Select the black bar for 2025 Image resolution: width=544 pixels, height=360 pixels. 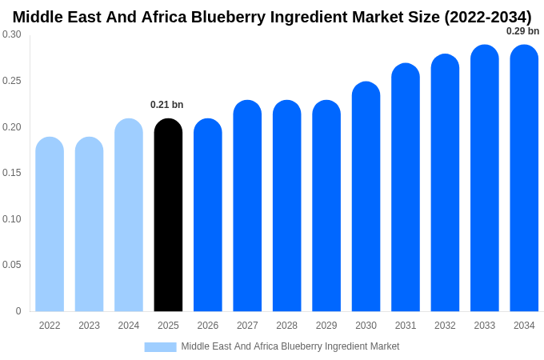[168, 216]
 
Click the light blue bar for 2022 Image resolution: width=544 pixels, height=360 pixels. [50, 225]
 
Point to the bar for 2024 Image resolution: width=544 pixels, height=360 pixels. [129, 216]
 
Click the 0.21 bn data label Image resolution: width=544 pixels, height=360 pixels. [167, 105]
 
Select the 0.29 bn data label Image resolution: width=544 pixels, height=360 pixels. [522, 31]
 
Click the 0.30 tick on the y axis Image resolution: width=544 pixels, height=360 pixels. [12, 34]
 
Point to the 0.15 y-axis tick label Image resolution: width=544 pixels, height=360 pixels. [12, 173]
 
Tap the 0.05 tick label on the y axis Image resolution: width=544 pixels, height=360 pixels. [12, 265]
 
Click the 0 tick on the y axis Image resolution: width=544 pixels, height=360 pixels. [18, 311]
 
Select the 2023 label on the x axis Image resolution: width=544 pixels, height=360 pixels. [89, 326]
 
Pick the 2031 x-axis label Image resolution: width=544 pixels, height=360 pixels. [406, 326]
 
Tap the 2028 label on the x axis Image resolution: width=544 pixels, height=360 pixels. [286, 326]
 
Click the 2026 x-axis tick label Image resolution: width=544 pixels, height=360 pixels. [208, 326]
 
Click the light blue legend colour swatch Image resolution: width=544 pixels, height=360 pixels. [160, 347]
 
